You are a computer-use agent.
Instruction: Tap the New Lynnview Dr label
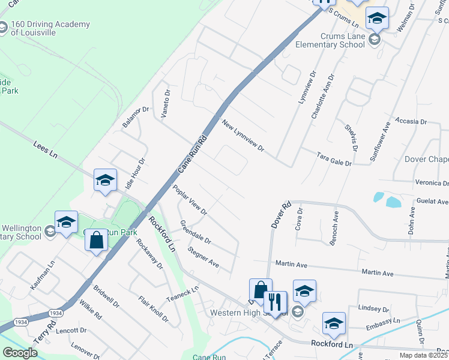243,136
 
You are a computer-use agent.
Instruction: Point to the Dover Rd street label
280,214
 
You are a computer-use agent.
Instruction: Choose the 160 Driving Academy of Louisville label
50,28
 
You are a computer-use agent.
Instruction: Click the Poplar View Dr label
190,200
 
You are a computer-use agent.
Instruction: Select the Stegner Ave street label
203,256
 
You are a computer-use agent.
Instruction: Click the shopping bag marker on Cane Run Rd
96,241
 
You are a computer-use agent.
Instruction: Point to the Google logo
20,352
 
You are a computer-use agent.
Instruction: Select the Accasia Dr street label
411,121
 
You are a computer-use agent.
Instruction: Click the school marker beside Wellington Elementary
66,221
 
